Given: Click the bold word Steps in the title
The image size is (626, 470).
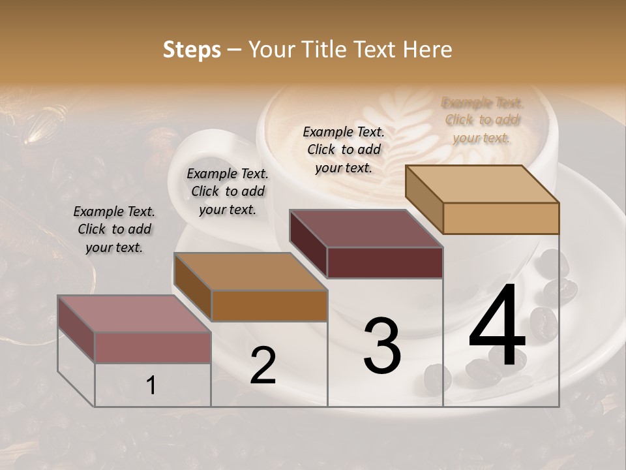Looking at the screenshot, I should coord(192,50).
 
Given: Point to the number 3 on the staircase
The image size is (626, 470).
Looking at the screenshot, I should coord(381,346).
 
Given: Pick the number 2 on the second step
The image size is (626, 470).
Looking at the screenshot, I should coord(263,366).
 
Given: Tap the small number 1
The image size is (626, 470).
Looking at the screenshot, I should coord(151,386).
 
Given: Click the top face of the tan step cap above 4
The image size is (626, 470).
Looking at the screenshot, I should coord(483,184).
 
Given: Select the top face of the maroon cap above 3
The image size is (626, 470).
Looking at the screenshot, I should coord(366,228).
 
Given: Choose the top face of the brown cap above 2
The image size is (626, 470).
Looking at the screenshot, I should coord(250,272).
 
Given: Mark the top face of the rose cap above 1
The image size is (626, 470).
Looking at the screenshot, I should coord(134,314).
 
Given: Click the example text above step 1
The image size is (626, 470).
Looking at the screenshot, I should coord(114,229).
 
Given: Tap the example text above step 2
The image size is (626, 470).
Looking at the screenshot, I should coord(228,191).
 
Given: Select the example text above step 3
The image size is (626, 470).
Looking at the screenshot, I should coord(344,149).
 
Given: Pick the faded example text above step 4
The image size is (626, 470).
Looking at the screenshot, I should coord(482,120).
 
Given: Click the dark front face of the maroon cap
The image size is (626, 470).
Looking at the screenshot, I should coord(385,262).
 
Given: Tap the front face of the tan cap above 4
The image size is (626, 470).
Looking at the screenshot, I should coord(501,218).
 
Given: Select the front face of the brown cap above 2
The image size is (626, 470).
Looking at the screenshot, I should coord(269,305).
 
